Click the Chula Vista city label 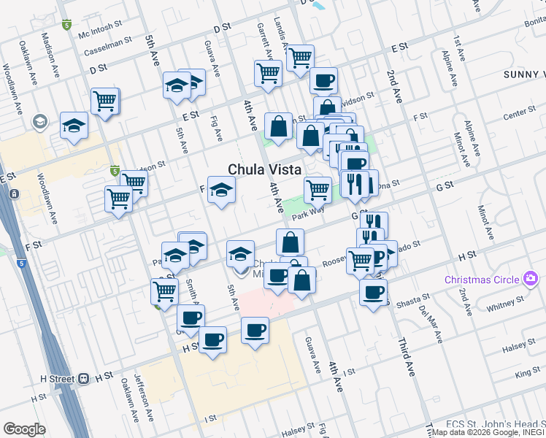tap(265, 169)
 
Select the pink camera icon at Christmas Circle tap(531, 279)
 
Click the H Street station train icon tap(85, 379)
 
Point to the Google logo tap(24, 429)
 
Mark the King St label tap(528, 373)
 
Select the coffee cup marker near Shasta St tap(374, 293)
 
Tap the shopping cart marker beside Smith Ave tap(165, 291)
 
